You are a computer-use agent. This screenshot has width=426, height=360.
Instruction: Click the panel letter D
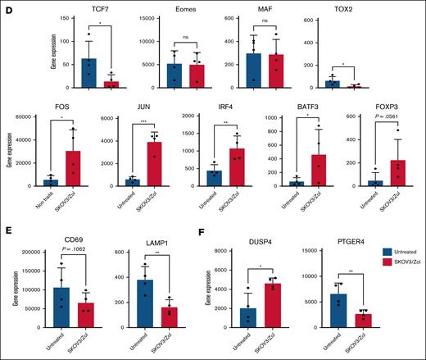pos(9,9)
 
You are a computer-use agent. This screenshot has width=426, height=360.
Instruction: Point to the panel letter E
pos(9,238)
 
